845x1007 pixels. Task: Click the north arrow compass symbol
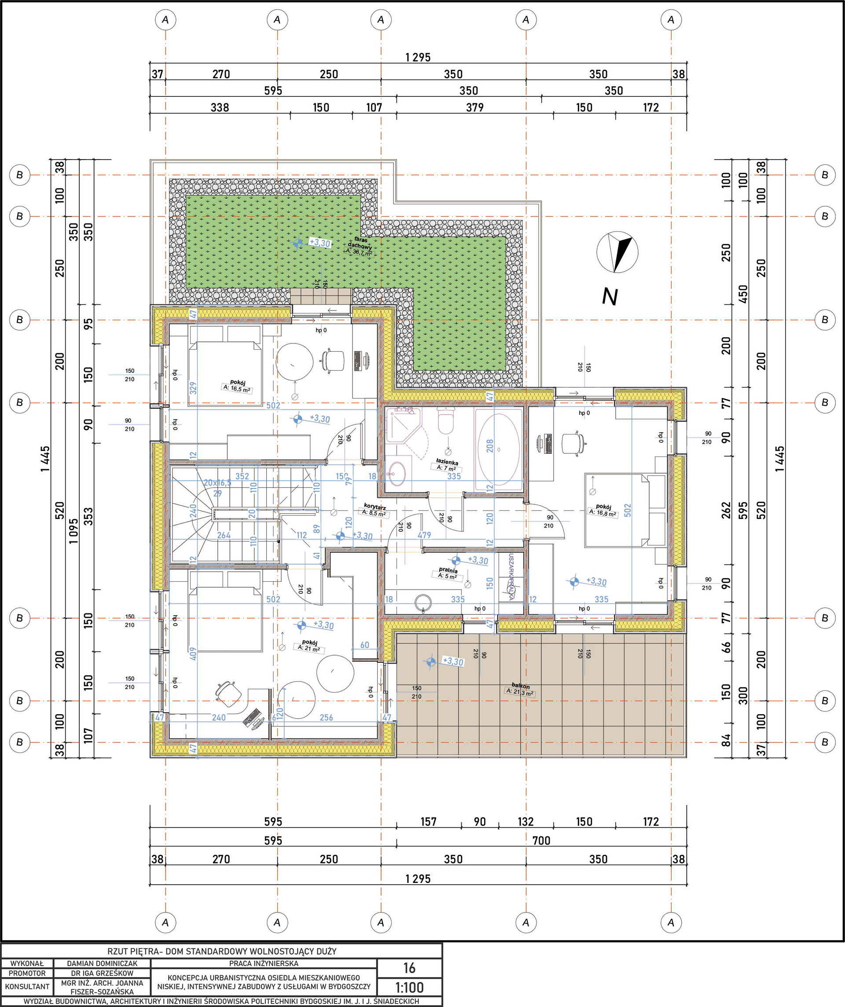coord(617,252)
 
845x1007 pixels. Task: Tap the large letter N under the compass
coord(610,297)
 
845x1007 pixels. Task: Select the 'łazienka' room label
coord(447,462)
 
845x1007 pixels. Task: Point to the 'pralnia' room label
coord(448,571)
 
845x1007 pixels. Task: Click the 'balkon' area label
coord(521,686)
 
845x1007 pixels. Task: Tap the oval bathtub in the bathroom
coord(499,449)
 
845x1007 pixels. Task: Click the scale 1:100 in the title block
coord(409,987)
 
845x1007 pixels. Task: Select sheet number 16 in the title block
coord(409,968)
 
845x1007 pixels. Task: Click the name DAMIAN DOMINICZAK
coord(102,963)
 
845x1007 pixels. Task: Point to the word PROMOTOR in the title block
coord(27,973)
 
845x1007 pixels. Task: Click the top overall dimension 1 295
coord(418,58)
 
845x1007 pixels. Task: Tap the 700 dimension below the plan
coord(541,841)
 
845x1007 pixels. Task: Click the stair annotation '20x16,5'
coord(217,482)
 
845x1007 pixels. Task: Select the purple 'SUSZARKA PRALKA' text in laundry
coord(511,577)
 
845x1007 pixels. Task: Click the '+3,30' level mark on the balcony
coord(452,662)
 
